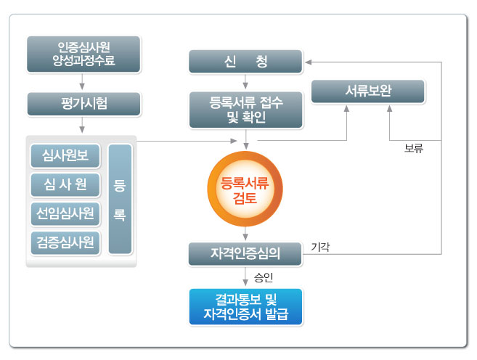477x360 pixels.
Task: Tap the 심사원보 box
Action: tap(66, 155)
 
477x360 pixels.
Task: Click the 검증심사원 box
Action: tap(66, 242)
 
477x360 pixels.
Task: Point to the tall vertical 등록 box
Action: tap(120, 198)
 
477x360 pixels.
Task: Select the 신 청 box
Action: tap(245, 62)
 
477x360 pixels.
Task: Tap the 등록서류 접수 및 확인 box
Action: tap(245, 108)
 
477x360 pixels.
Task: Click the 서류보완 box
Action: tap(368, 92)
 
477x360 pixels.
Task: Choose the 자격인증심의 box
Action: tap(245, 253)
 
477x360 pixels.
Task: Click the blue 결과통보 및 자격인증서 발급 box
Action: tap(245, 306)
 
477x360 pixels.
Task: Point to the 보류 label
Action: tap(414, 150)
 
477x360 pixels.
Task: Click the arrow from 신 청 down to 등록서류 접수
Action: tap(245, 82)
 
